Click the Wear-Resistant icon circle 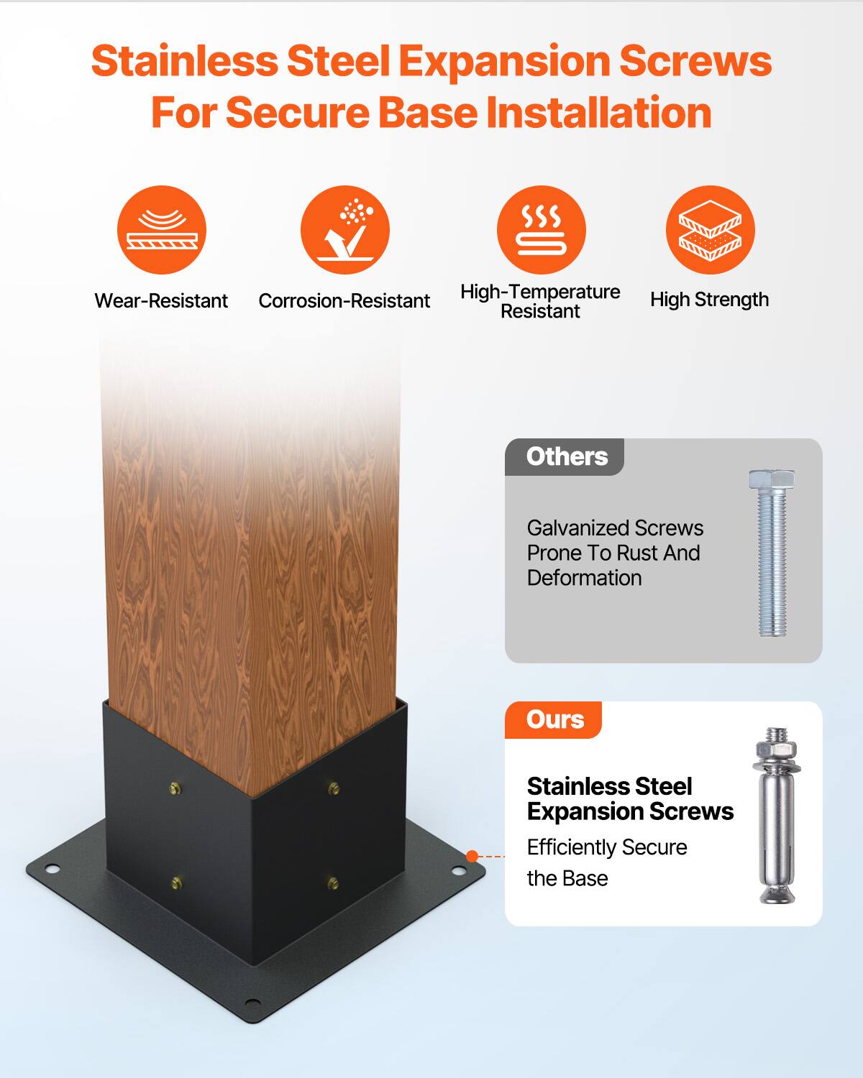(162, 230)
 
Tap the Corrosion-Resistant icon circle (345, 230)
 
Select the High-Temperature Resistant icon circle (541, 230)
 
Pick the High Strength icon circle (710, 230)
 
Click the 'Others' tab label (567, 456)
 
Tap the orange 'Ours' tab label (554, 719)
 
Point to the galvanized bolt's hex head (772, 479)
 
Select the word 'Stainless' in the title (184, 61)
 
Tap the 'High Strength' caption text (709, 300)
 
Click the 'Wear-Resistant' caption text (161, 300)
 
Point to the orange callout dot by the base (472, 856)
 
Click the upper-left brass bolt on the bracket (175, 789)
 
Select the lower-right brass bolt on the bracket (332, 882)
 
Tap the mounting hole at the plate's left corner (51, 870)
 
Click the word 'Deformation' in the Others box (584, 578)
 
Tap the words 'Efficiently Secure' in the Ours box (607, 847)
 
